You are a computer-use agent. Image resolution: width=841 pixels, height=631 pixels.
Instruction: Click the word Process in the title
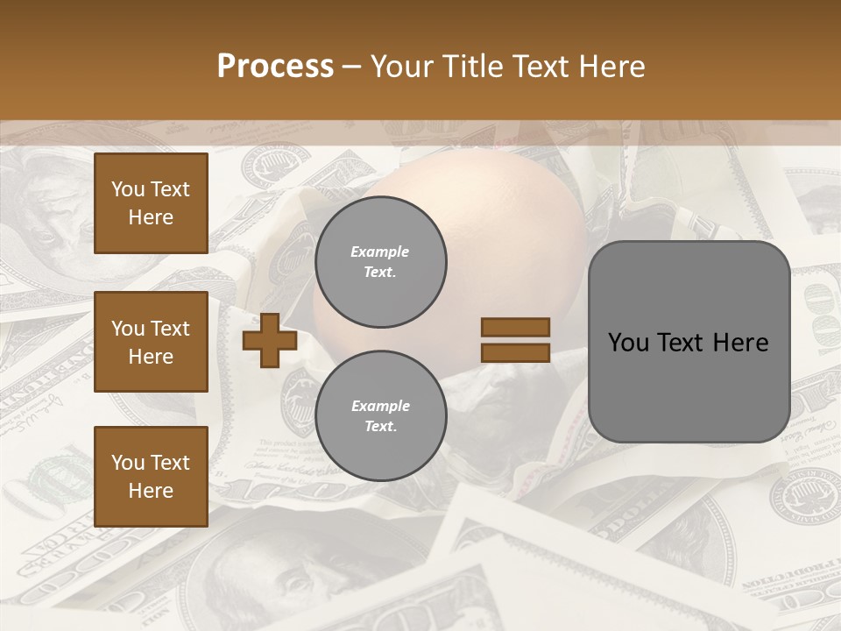point(275,67)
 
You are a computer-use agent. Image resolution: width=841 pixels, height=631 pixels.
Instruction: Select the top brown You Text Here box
point(151,203)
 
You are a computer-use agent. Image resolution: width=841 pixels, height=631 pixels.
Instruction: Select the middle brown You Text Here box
point(151,342)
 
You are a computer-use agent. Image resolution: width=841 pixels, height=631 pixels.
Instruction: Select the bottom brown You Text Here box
point(151,477)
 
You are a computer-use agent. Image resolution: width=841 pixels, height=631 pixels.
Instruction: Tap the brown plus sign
point(269,340)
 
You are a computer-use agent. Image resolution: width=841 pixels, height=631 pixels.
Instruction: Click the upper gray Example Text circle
point(380,262)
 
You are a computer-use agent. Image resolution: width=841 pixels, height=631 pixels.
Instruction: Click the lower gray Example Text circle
point(380,416)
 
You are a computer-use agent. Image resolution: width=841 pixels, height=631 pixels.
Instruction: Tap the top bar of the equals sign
point(515,327)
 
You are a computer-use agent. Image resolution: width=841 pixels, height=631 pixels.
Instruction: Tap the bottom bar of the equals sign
point(515,352)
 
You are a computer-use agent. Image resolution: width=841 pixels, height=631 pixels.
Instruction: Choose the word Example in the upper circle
point(380,252)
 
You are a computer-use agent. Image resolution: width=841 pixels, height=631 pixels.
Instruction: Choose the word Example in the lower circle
point(380,407)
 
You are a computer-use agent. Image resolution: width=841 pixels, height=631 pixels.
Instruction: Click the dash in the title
point(351,67)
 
